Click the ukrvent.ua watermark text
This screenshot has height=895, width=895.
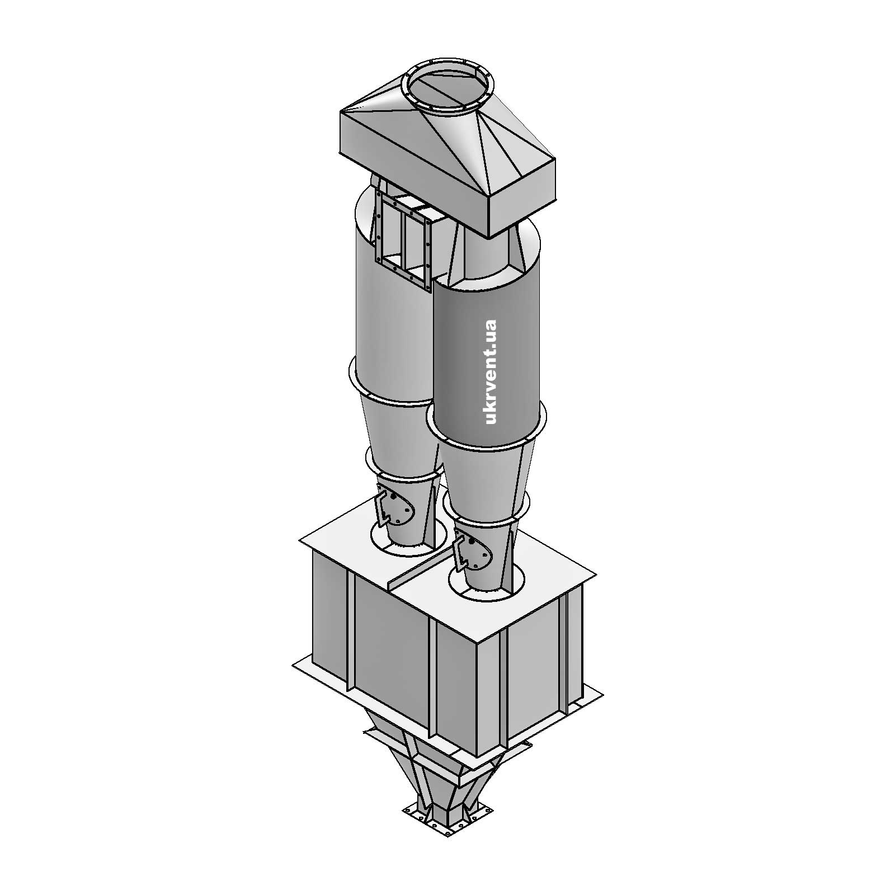tap(491, 371)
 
